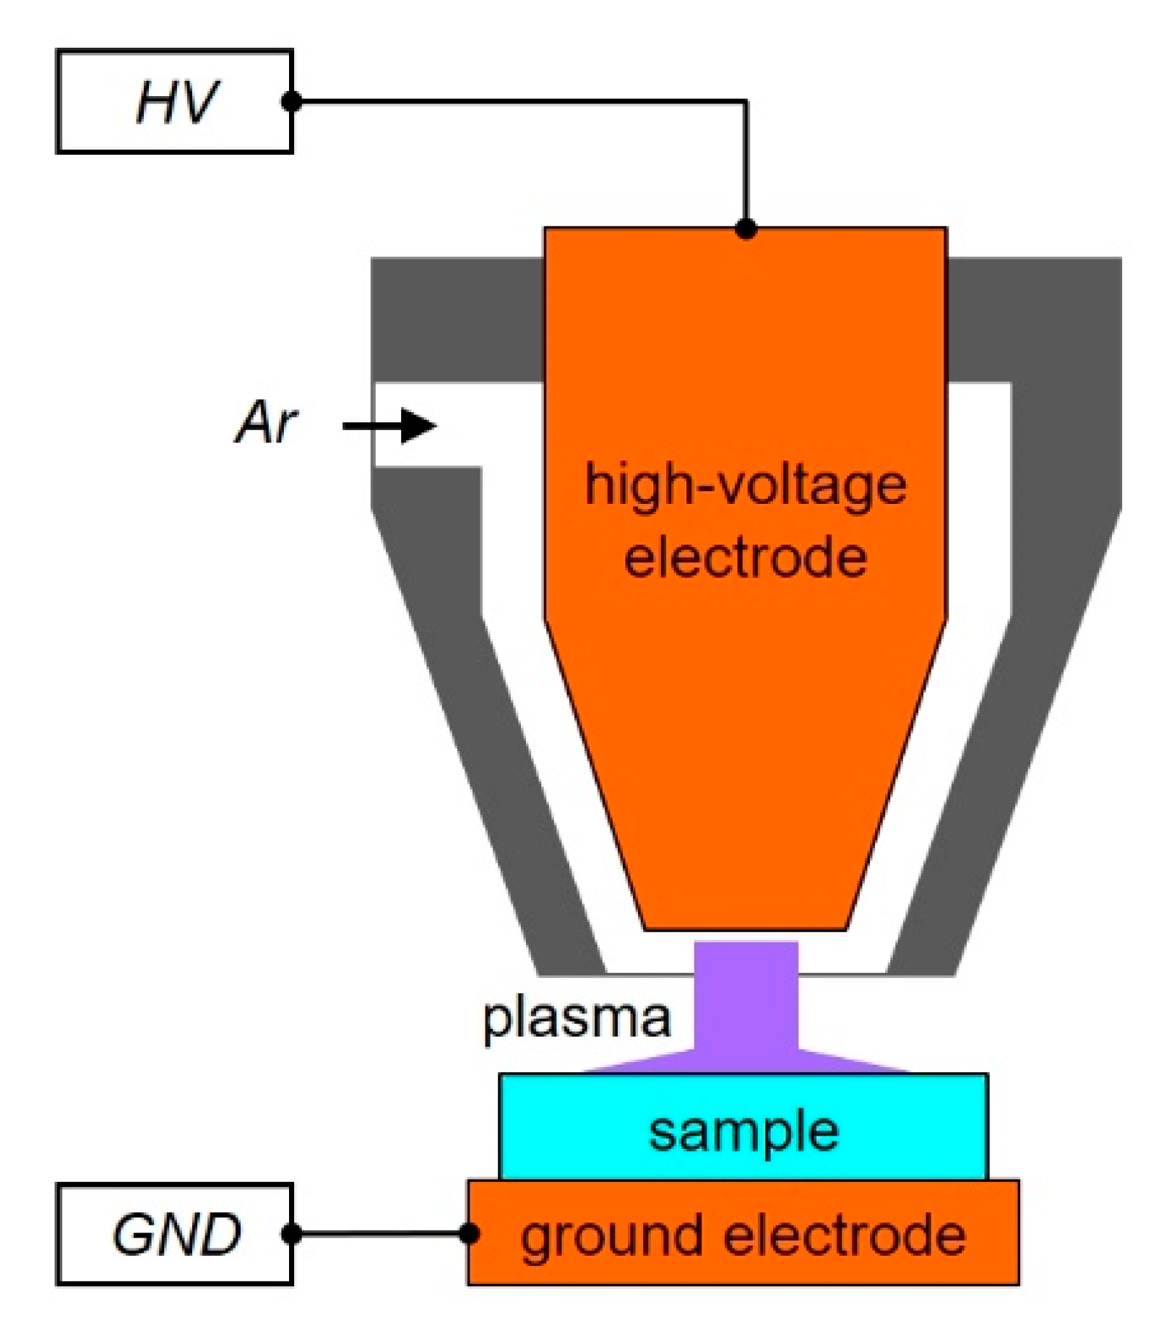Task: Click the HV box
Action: pos(174,101)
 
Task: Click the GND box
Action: pos(174,1233)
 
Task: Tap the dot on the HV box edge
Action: pos(291,101)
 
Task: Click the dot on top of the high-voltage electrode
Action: pos(746,229)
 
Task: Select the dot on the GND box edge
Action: pos(291,1233)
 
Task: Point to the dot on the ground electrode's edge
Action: pos(470,1233)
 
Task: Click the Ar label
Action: pos(266,422)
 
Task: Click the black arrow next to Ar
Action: pos(390,426)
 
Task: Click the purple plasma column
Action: pos(746,998)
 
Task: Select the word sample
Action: pos(744,1131)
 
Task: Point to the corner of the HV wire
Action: pos(746,102)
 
